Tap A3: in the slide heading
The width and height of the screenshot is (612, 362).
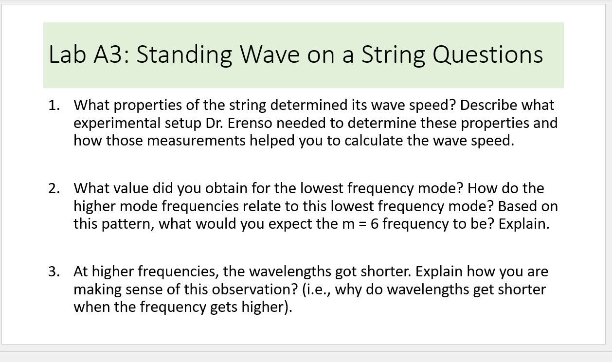tap(111, 54)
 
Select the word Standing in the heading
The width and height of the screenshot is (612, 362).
tap(184, 54)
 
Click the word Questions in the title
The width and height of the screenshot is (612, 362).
tap(487, 54)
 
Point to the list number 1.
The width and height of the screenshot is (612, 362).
tap(54, 105)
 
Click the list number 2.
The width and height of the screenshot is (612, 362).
tap(54, 188)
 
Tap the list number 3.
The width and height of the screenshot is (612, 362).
tap(54, 271)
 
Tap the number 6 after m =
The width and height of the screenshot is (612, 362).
tap(375, 224)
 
